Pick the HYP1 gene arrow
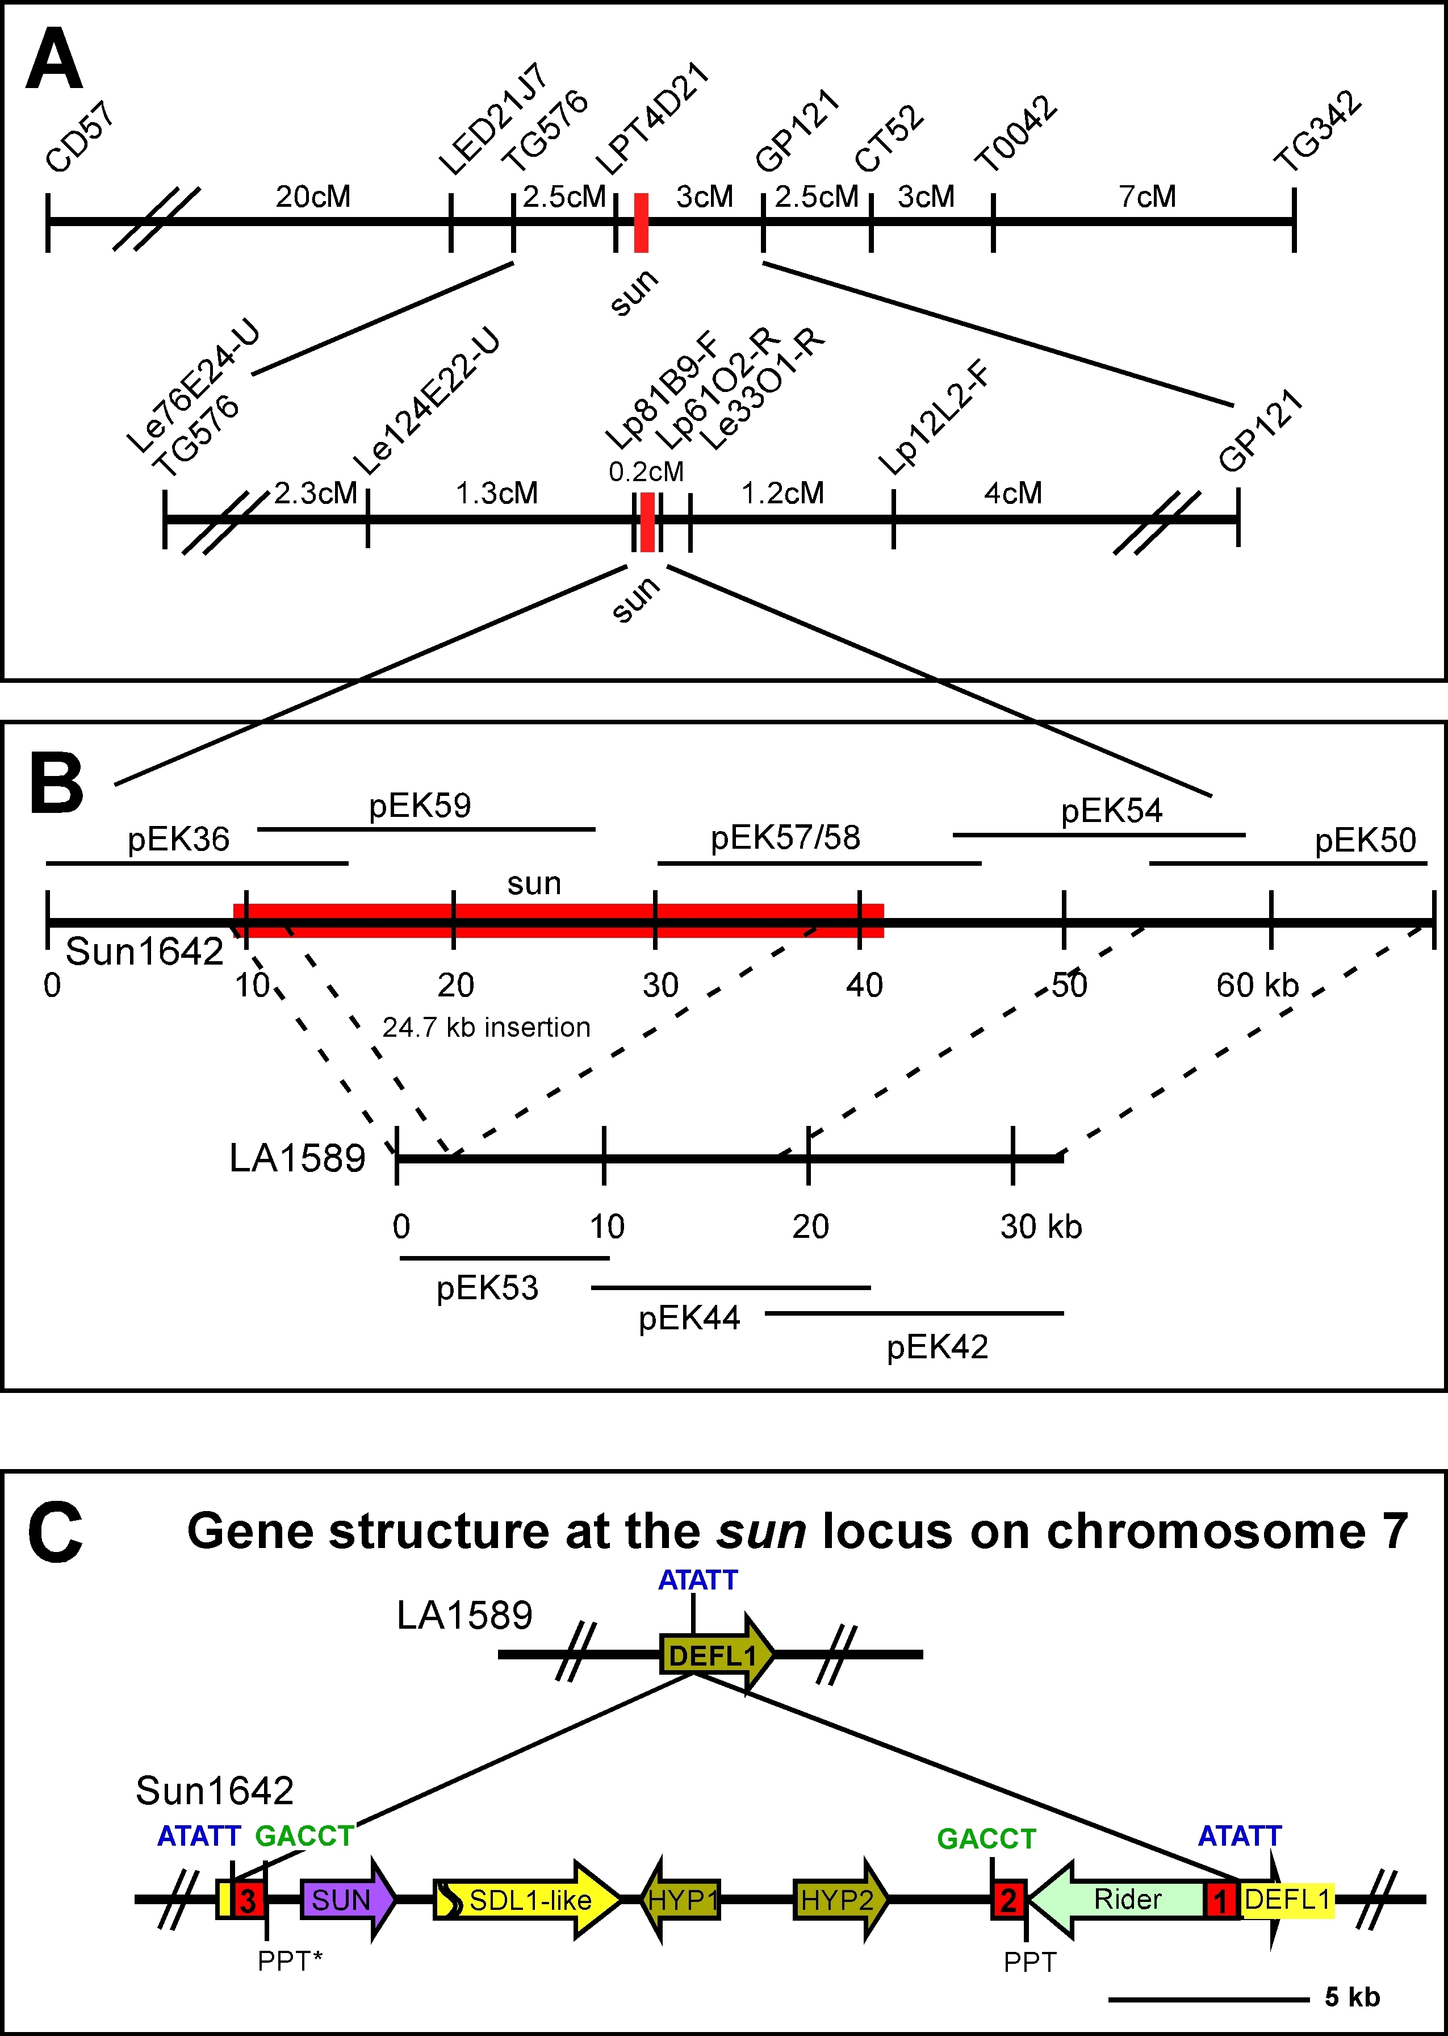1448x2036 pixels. click(681, 1900)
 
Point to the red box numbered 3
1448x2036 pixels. click(249, 1900)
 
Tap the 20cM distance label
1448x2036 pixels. click(312, 196)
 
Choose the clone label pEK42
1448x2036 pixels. click(936, 1346)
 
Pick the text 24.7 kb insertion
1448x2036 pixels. click(486, 1027)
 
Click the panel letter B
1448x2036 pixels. click(55, 784)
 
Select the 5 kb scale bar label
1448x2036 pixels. click(1351, 1997)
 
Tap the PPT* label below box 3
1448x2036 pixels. click(289, 1961)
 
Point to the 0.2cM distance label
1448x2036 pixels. click(646, 472)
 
